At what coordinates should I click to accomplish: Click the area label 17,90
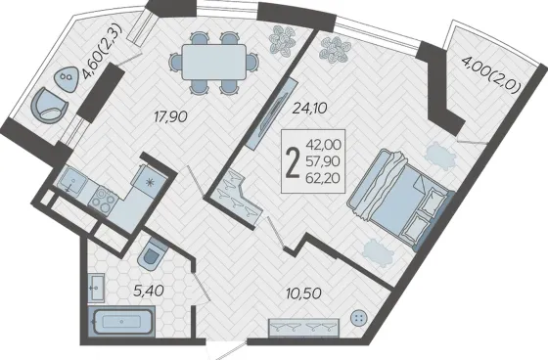[x=171, y=116]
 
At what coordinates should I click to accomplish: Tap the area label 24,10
[x=309, y=109]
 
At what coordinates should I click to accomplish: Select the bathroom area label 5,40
[x=149, y=290]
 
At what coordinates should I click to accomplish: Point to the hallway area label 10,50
[x=303, y=292]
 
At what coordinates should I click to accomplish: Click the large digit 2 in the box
[x=293, y=161]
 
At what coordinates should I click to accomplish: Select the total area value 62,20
[x=323, y=179]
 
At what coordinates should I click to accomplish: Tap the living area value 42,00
[x=323, y=144]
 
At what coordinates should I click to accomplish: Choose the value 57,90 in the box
[x=323, y=161]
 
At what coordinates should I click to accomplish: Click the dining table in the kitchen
[x=213, y=63]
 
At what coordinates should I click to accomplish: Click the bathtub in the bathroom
[x=122, y=321]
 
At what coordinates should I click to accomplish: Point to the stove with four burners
[x=103, y=201]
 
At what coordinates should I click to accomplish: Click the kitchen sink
[x=72, y=179]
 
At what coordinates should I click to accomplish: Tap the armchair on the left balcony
[x=49, y=106]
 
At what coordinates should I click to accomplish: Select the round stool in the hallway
[x=359, y=319]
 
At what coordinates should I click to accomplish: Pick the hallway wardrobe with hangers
[x=303, y=327]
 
